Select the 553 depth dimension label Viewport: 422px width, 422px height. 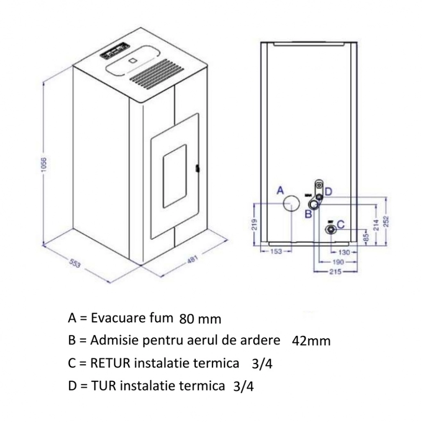coord(75,263)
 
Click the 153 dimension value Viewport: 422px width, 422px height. coord(277,252)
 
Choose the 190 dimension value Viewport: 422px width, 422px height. coord(338,262)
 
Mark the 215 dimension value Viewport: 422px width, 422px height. coord(336,271)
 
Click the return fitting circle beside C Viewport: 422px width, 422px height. coord(331,229)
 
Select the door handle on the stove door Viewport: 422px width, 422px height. coord(197,168)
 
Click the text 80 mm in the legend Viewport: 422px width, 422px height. coord(200,319)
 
